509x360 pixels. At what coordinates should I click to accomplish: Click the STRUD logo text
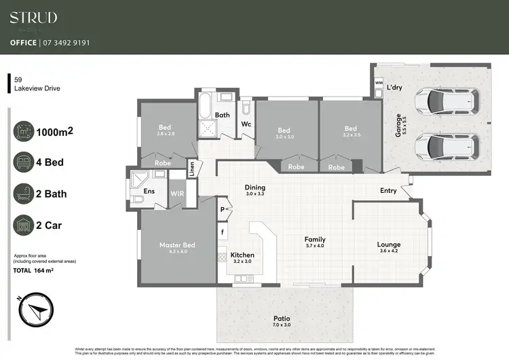[x=33, y=18]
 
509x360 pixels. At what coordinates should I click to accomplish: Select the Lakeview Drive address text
[x=37, y=88]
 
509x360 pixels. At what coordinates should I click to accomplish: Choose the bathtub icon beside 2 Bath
[x=24, y=194]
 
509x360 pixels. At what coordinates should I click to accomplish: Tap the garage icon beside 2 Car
[x=24, y=225]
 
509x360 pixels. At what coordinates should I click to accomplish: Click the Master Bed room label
[x=177, y=245]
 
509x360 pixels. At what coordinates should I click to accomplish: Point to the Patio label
[x=281, y=318]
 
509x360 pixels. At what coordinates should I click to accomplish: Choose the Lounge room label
[x=389, y=245]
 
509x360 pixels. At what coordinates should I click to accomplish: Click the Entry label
[x=388, y=191]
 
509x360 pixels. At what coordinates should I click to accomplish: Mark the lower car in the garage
[x=446, y=144]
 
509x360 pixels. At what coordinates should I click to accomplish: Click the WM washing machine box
[x=379, y=83]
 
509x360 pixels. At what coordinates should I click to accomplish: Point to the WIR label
[x=177, y=194]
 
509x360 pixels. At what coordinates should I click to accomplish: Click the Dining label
[x=255, y=187]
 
